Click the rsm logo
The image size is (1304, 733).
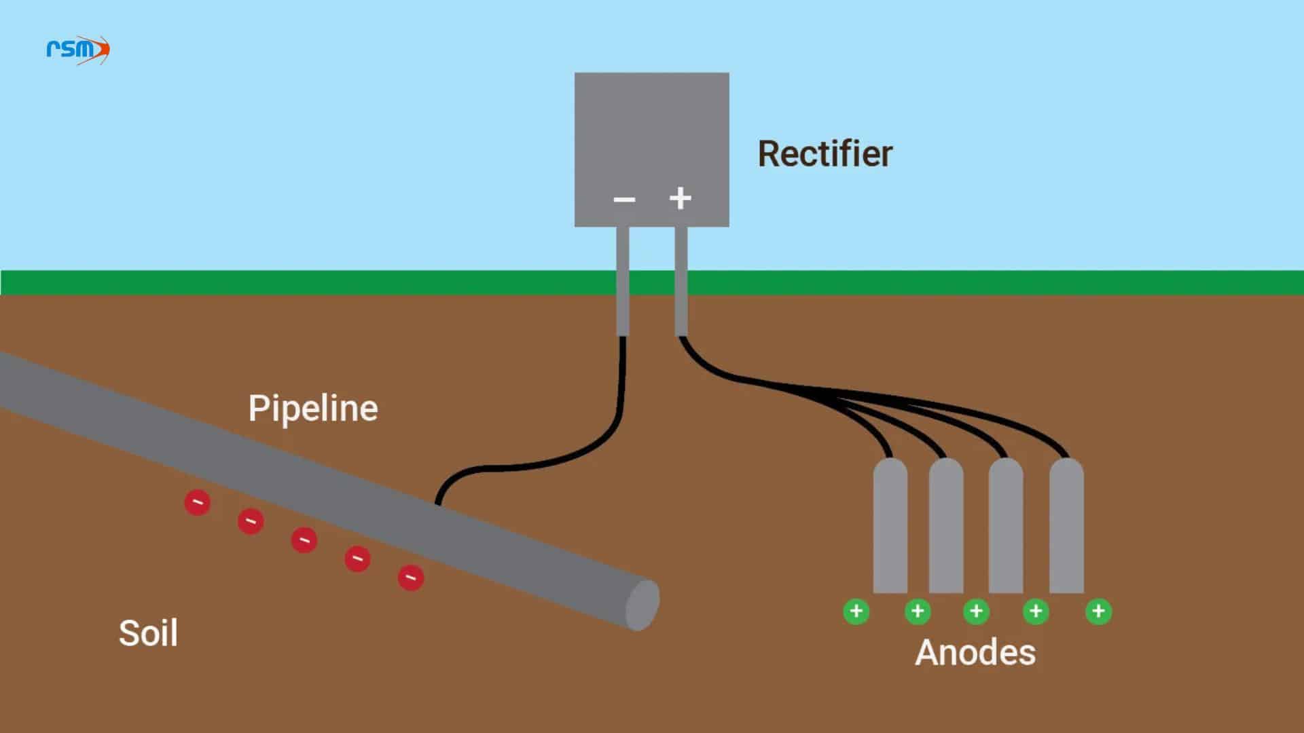tap(77, 50)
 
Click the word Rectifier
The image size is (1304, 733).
tap(825, 154)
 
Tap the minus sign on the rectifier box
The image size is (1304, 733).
tap(624, 200)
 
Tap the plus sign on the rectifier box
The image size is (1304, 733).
tap(680, 198)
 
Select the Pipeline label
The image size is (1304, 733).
tap(312, 409)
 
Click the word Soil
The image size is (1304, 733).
tap(148, 633)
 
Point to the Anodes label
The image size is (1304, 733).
tap(975, 653)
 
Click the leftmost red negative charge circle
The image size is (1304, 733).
tap(198, 503)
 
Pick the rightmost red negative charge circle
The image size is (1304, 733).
tap(411, 578)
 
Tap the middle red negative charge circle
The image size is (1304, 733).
tap(304, 540)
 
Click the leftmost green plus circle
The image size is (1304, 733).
tap(856, 611)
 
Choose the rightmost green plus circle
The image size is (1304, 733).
tap(1098, 611)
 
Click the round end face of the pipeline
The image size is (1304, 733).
tap(642, 605)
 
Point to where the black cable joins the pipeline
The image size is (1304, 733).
tap(439, 503)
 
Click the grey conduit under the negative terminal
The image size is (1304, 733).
tap(623, 282)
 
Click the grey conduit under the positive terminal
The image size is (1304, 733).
tap(681, 282)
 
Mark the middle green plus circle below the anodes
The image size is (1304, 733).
tap(976, 611)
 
